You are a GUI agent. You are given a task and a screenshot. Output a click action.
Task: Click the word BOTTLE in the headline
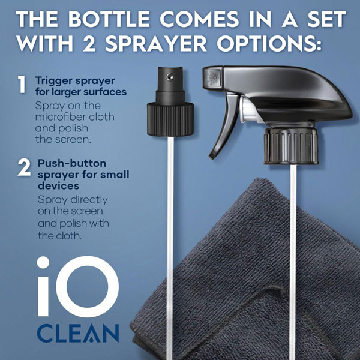tap(109, 19)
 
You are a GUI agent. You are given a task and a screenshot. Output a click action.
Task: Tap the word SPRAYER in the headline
tap(156, 43)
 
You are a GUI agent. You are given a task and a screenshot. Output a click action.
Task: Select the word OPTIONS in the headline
tap(269, 43)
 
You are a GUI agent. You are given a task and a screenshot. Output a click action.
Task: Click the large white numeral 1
tap(22, 85)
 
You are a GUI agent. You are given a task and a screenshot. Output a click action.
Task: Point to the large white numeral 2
tap(24, 168)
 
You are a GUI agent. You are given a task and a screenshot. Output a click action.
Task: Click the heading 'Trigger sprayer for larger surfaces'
tap(81, 86)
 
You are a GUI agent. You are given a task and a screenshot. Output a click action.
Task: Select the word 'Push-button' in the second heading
tap(72, 163)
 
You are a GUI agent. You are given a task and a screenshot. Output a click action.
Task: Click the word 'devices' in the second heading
tap(58, 185)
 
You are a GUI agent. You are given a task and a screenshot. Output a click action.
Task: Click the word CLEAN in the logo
tap(78, 333)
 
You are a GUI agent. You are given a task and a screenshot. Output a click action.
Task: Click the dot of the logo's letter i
tap(43, 262)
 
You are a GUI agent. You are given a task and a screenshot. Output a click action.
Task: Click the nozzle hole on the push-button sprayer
tap(170, 76)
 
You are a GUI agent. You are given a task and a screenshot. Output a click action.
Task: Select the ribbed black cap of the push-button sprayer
tap(170, 119)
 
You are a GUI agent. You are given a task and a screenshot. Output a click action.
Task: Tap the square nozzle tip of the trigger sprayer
tap(212, 78)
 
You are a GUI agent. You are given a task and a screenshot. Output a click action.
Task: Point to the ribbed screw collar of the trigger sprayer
tap(291, 146)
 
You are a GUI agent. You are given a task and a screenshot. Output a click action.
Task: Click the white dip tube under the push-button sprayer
tap(170, 248)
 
